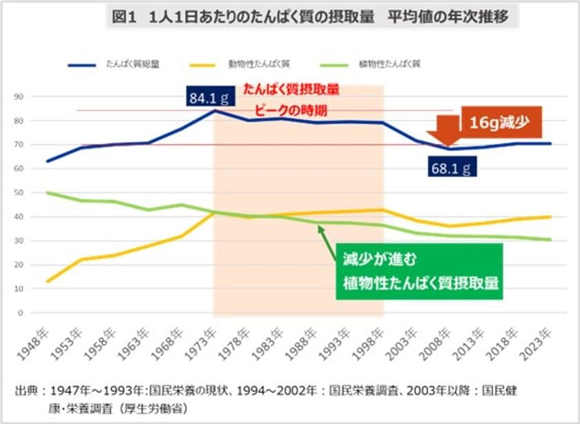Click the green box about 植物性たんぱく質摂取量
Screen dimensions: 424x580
(419, 271)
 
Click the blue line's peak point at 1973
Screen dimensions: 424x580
(215, 110)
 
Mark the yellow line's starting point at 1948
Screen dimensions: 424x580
(47, 281)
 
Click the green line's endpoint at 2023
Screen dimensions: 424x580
(550, 239)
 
